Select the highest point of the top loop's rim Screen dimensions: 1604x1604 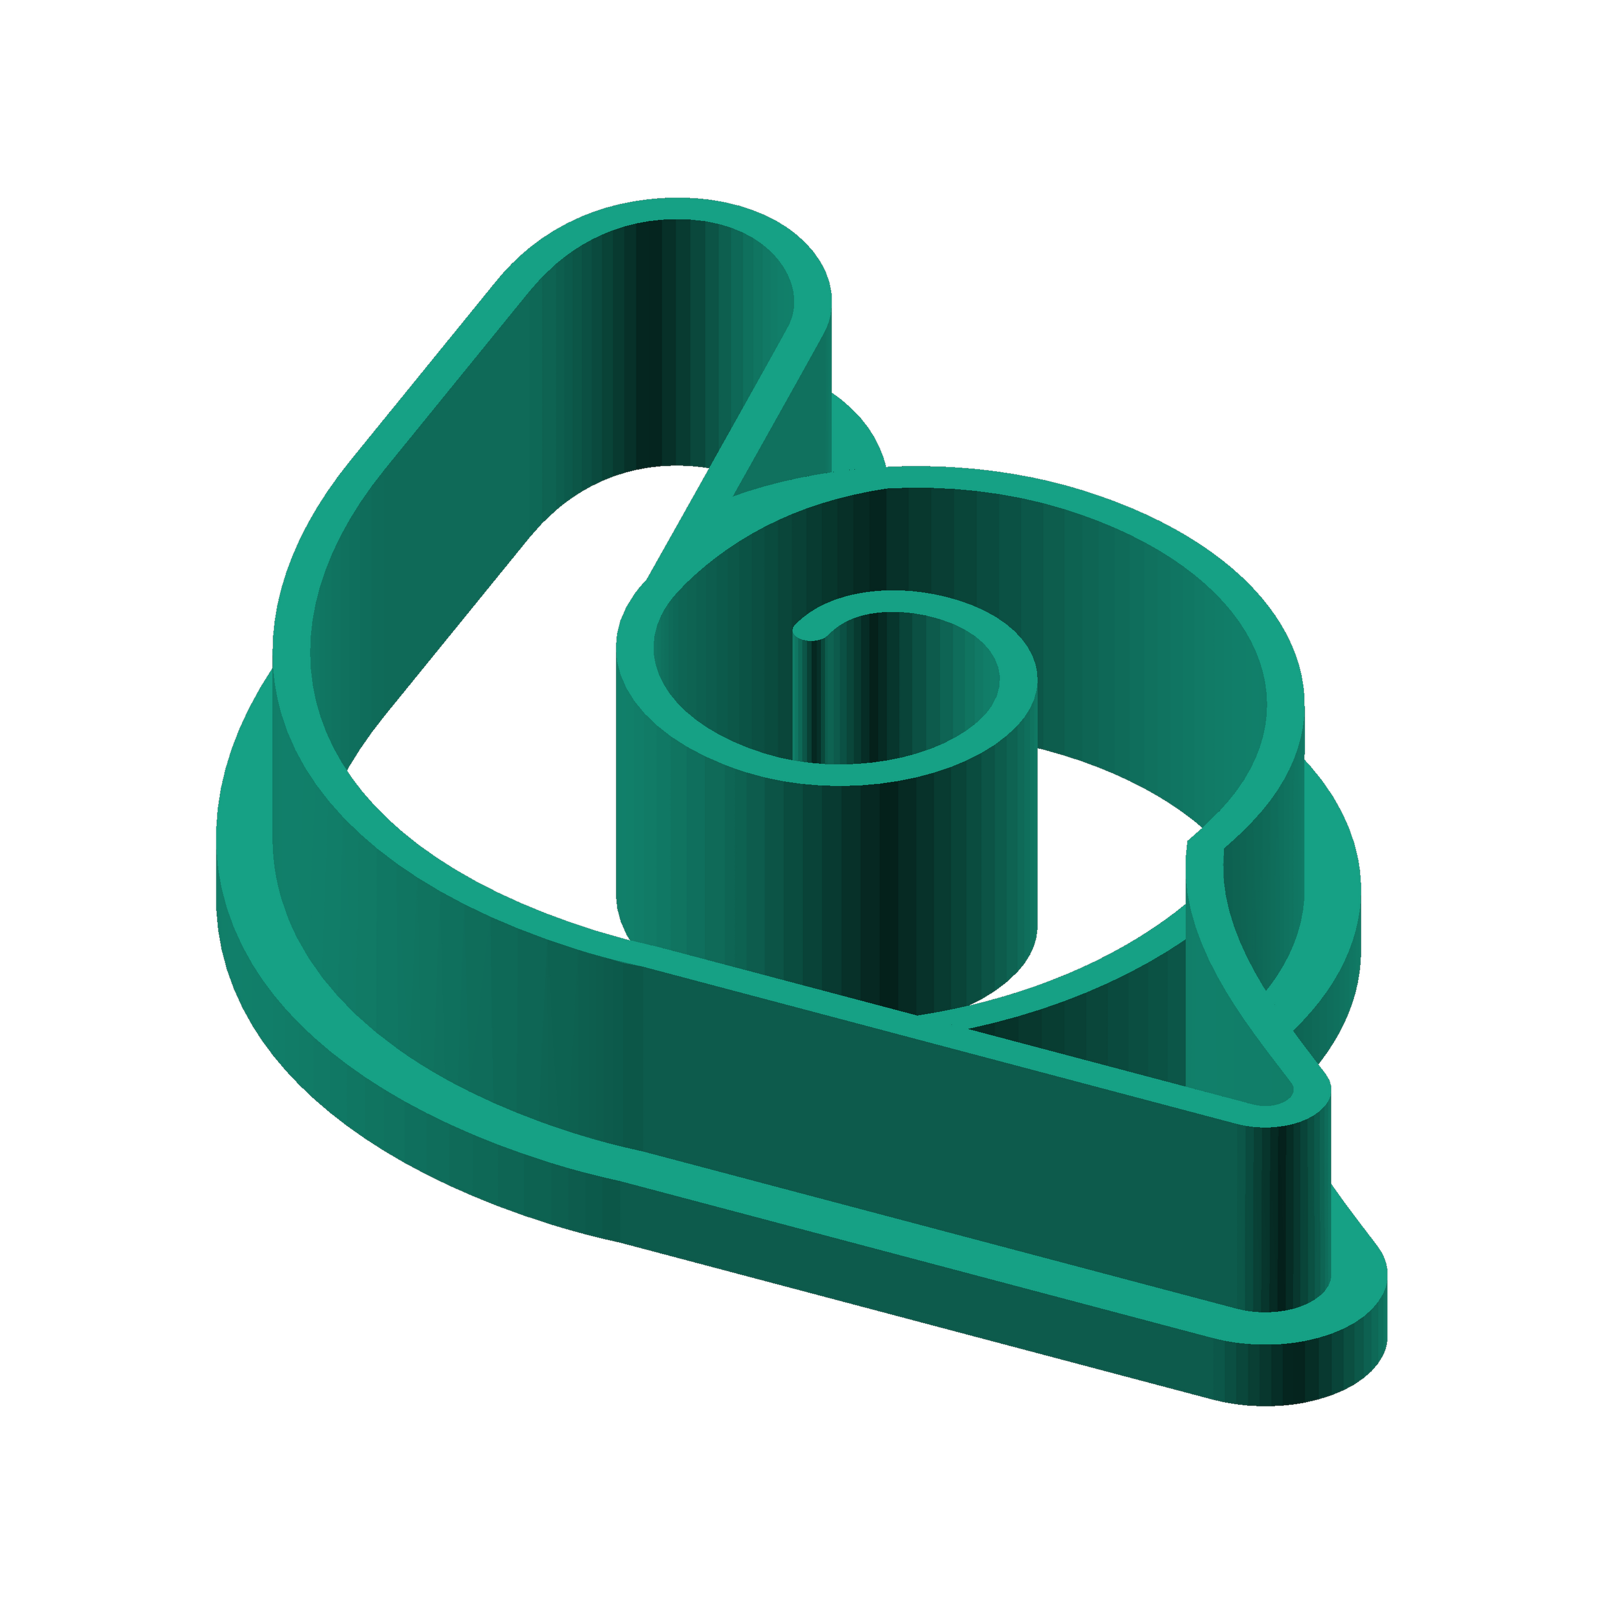tap(677, 208)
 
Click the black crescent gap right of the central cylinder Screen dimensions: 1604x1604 tap(1112, 847)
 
